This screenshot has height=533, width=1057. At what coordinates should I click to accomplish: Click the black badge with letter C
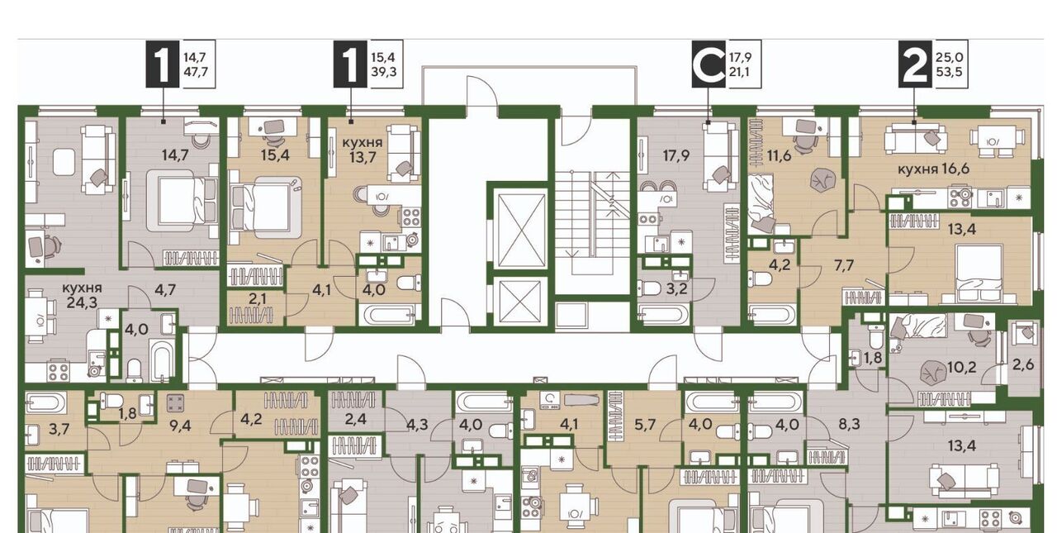[709, 64]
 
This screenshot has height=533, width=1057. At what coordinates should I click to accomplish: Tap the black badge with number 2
[915, 64]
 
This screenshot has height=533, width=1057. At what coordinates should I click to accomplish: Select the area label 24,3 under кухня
[82, 302]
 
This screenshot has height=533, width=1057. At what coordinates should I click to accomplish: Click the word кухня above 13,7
[363, 142]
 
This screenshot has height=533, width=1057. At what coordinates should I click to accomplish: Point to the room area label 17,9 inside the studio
[676, 155]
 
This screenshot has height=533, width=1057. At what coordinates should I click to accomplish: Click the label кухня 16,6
[933, 169]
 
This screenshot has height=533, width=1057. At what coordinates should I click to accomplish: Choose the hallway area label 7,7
[844, 265]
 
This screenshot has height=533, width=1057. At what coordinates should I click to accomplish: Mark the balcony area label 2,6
[1023, 364]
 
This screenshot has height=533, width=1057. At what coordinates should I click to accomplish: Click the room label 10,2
[962, 367]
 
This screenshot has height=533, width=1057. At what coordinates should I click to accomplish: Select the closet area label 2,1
[257, 297]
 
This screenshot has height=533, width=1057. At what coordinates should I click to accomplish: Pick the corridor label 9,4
[180, 426]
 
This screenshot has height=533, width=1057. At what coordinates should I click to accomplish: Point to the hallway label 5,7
[645, 425]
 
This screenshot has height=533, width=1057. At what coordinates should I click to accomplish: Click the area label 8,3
[850, 424]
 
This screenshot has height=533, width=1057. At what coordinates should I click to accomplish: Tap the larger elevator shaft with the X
[520, 230]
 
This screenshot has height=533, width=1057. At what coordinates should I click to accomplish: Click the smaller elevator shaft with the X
[520, 301]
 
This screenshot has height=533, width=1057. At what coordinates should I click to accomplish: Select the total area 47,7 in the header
[196, 72]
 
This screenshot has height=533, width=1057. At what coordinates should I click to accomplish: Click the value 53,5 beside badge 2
[949, 72]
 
